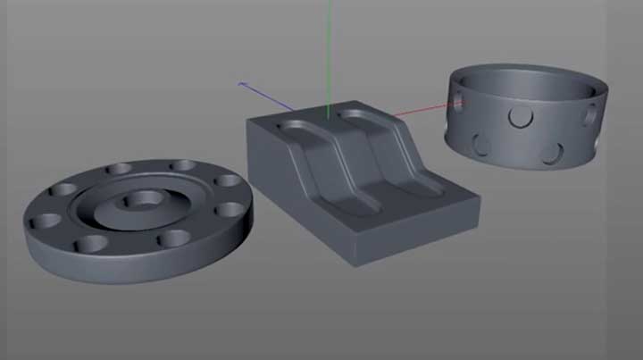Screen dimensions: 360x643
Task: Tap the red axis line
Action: pos(420,111)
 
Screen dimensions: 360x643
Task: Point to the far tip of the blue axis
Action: pos(239,83)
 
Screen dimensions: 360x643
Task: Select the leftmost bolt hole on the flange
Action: pos(38,222)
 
